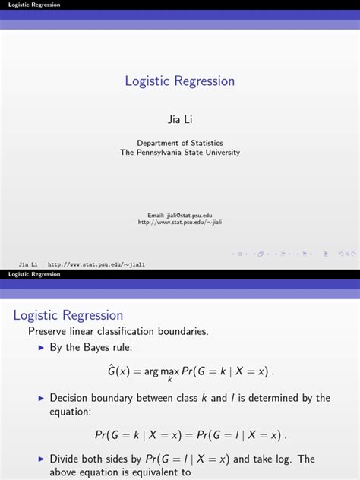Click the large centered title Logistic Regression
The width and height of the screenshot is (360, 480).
180,81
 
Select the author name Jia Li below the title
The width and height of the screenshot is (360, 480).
180,119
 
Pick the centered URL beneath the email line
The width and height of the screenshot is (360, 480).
180,223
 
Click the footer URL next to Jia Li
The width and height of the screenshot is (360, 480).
96,264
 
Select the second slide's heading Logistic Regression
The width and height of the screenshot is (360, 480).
68,315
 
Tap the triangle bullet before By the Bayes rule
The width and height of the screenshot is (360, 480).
42,348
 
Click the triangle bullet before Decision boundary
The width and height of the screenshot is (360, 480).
42,398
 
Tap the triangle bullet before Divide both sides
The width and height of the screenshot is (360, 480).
42,459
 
